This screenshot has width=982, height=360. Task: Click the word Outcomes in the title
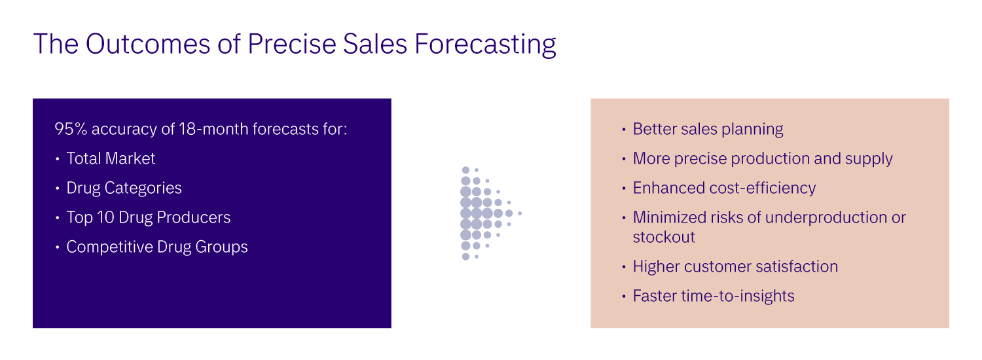(148, 44)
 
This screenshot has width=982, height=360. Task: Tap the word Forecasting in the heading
(485, 45)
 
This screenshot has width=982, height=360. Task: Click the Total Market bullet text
(111, 158)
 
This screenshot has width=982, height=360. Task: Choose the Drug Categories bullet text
(124, 188)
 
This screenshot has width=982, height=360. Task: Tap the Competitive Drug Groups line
(157, 247)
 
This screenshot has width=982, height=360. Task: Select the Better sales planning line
(708, 129)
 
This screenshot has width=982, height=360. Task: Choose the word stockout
(664, 237)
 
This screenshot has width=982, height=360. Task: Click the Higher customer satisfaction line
(735, 266)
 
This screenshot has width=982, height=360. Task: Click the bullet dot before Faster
(624, 297)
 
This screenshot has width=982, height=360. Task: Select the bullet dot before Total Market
(58, 159)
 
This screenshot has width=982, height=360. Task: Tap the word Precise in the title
(291, 44)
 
